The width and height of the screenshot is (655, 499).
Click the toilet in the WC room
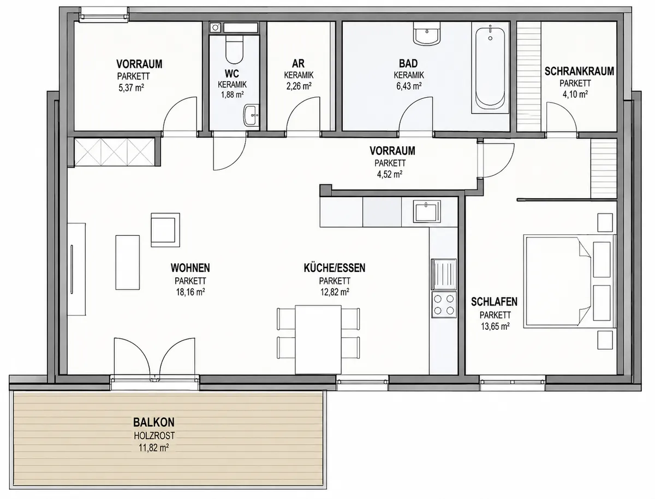pos(234,49)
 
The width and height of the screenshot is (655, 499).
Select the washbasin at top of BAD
pos(426,33)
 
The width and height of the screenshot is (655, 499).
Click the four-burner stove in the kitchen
pos(444,305)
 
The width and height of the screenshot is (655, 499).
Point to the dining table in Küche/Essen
pos(318,340)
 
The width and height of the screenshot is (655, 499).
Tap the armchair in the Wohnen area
pos(165,230)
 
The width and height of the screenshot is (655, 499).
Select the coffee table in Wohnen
pos(127,263)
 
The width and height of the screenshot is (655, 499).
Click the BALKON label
pos(154,423)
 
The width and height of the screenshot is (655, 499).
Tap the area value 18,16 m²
pos(190,292)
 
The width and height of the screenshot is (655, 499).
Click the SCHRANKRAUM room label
pos(579,72)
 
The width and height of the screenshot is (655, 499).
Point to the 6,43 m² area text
pos(409,86)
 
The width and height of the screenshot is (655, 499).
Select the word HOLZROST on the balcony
pos(154,436)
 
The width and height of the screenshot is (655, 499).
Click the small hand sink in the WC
pos(251,115)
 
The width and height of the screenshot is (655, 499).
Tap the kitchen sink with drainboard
pos(444,274)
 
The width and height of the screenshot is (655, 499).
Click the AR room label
pos(299,63)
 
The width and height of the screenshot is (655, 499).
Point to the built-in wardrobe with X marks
pos(115,152)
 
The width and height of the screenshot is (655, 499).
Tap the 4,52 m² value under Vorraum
pos(390,174)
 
